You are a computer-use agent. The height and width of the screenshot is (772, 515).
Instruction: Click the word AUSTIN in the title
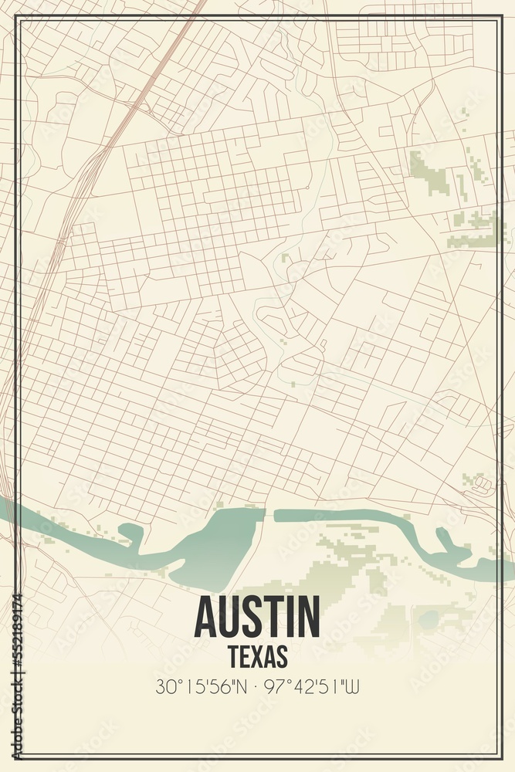(x=257, y=616)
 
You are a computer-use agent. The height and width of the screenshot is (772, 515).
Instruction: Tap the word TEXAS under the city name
(x=258, y=656)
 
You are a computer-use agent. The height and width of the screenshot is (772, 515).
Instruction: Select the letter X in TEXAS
(x=257, y=656)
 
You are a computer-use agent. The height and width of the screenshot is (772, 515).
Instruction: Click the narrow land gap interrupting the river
(x=269, y=514)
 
